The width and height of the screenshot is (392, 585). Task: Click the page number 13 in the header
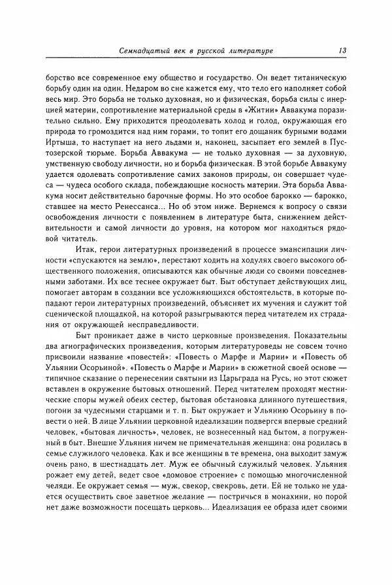point(342,50)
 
